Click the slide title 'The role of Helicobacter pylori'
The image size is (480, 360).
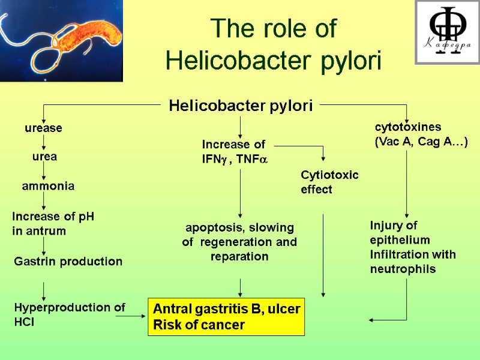274,44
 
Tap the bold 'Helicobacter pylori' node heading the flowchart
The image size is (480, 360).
241,106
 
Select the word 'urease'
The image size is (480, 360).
43,128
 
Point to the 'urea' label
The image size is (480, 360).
44,157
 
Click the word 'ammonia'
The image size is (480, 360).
48,187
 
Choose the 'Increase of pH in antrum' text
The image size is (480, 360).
53,223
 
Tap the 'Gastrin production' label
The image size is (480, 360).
68,262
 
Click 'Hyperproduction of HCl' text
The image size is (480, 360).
69,314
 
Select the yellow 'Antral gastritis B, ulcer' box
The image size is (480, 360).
226,317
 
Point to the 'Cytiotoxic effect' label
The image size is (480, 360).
329,182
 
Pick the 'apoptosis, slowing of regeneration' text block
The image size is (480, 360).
239,242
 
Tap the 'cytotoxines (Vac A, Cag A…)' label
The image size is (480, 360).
421,134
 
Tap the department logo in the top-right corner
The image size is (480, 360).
447,32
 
